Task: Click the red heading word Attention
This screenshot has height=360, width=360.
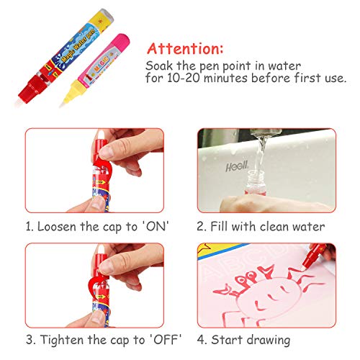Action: click(185, 49)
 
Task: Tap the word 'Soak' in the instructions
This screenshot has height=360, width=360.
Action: click(159, 66)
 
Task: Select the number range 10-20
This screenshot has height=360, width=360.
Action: click(184, 78)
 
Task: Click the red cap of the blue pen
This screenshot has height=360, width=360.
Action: click(31, 89)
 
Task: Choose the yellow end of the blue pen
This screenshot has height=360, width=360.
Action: click(103, 21)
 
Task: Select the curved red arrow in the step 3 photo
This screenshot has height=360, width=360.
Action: click(93, 283)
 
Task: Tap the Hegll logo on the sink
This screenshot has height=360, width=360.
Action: click(237, 166)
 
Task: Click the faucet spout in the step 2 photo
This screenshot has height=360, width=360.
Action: click(266, 132)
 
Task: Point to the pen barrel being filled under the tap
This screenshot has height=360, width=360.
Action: click(254, 182)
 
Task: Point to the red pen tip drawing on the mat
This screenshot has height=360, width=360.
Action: click(305, 266)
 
